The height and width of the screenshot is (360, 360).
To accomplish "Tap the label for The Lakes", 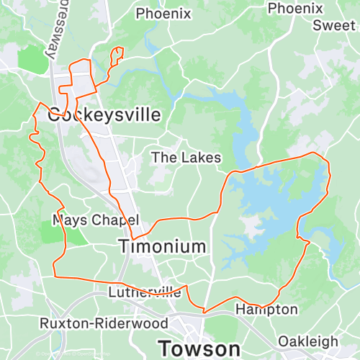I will [186, 157].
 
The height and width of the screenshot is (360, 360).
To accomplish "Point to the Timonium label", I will [162, 246].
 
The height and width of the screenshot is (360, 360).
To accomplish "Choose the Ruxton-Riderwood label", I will [104, 323].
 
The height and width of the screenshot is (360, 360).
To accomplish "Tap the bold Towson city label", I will [199, 346].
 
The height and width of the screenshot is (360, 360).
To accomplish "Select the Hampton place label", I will [266, 310].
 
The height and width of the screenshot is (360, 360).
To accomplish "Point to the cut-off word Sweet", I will [334, 25].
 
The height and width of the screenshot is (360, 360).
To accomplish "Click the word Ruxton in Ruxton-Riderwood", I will [60, 323].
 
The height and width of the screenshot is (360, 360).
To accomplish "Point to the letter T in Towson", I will [165, 346].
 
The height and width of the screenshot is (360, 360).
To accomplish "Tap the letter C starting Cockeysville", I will [54, 115].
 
